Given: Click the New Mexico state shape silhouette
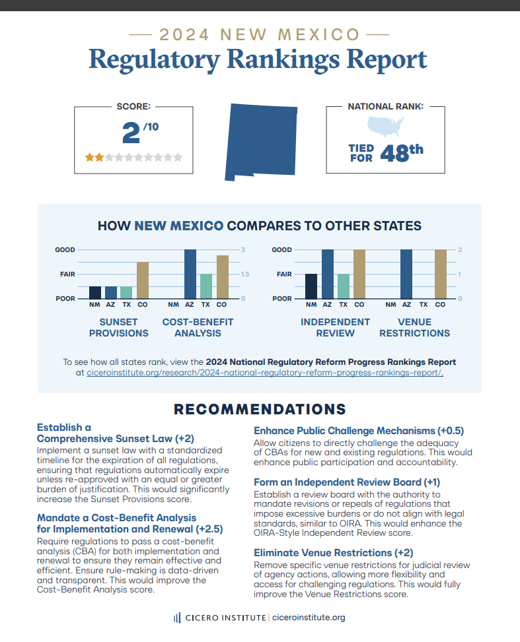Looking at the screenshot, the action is pyautogui.click(x=261, y=142).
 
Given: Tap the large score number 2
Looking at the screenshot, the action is pyautogui.click(x=131, y=133).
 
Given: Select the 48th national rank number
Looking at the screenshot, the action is pyautogui.click(x=402, y=152).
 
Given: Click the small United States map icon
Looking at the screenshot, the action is pyautogui.click(x=385, y=127).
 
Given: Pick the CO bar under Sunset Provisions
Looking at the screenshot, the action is pyautogui.click(x=143, y=280).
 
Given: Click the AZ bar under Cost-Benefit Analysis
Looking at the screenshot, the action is pyautogui.click(x=190, y=274).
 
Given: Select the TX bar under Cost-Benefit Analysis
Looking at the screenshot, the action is pyautogui.click(x=206, y=286).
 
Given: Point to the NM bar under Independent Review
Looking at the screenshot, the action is pyautogui.click(x=311, y=286).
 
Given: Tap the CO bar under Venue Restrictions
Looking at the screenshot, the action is pyautogui.click(x=441, y=274).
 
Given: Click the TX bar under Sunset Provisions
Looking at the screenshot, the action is pyautogui.click(x=126, y=292).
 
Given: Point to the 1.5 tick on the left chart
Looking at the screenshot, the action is pyautogui.click(x=245, y=274).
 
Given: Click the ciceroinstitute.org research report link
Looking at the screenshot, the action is pyautogui.click(x=265, y=373).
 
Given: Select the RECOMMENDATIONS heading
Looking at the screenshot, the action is pyautogui.click(x=260, y=409).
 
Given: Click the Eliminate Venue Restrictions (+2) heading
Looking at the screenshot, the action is pyautogui.click(x=334, y=553).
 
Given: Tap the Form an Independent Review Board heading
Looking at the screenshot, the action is pyautogui.click(x=347, y=482).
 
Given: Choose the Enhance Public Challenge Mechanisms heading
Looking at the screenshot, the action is pyautogui.click(x=359, y=431).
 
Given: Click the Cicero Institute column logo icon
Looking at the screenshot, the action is pyautogui.click(x=177, y=618).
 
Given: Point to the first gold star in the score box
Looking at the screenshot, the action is pyautogui.click(x=89, y=157).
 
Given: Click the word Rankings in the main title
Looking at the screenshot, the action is pyautogui.click(x=283, y=60).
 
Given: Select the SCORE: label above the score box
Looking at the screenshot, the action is pyautogui.click(x=133, y=106).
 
